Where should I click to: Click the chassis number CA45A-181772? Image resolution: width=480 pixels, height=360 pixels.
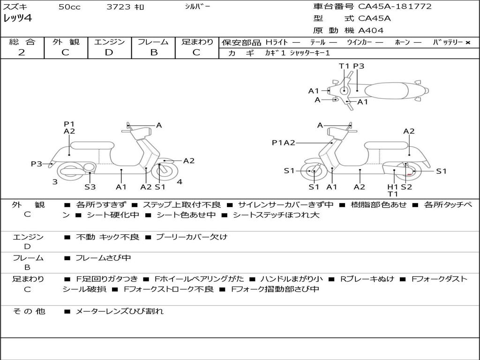pyautogui.click(x=395, y=7)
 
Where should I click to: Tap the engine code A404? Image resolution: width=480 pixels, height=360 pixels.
pyautogui.click(x=371, y=30)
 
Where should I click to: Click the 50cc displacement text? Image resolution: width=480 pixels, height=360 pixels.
pyautogui.click(x=69, y=7)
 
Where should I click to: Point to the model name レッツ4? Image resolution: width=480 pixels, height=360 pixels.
pyautogui.click(x=17, y=19)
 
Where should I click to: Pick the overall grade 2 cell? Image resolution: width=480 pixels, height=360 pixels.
pyautogui.click(x=22, y=52)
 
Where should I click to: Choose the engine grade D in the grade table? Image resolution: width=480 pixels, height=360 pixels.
pyautogui.click(x=109, y=52)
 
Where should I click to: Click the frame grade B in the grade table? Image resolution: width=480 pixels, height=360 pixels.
pyautogui.click(x=153, y=52)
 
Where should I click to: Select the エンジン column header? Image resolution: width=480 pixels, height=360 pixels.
pyautogui.click(x=109, y=42)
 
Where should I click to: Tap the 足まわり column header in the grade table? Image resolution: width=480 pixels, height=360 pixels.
pyautogui.click(x=197, y=42)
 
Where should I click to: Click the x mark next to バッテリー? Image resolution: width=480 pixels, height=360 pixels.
pyautogui.click(x=467, y=43)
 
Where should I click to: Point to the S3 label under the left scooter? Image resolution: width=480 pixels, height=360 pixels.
pyautogui.click(x=90, y=187)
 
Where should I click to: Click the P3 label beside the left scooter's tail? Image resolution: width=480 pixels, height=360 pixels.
pyautogui.click(x=37, y=164)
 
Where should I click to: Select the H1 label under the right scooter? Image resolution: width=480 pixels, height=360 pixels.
pyautogui.click(x=393, y=187)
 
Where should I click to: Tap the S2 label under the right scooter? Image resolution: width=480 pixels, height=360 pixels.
pyautogui.click(x=406, y=187)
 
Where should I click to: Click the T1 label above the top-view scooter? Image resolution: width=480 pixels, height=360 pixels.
pyautogui.click(x=345, y=66)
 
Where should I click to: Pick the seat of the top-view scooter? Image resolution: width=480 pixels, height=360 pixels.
pyautogui.click(x=389, y=90)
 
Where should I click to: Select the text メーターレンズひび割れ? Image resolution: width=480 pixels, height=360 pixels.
pyautogui.click(x=119, y=311)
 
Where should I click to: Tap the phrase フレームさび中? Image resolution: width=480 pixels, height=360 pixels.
pyautogui.click(x=103, y=258)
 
